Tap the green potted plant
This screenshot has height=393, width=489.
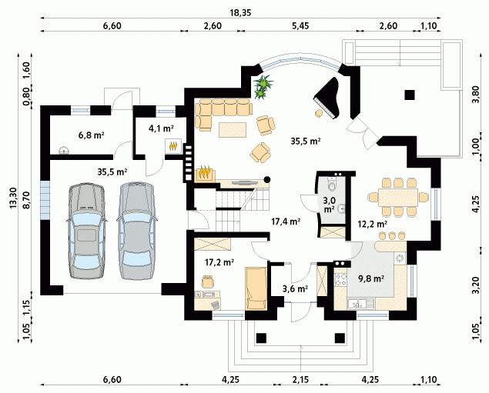point(263,87)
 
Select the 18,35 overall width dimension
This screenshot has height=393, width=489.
point(240,13)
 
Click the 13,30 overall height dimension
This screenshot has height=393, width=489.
point(13,198)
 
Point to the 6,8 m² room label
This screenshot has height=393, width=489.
point(91,135)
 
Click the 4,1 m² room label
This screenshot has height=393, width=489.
point(161,128)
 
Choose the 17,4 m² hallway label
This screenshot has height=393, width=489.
point(286,221)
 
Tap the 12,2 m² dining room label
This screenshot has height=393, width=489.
point(373,224)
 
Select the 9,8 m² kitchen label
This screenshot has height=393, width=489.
point(371,278)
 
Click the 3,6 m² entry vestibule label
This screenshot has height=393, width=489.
point(296,289)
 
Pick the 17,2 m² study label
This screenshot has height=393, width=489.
point(219,262)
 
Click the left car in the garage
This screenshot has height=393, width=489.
point(86,231)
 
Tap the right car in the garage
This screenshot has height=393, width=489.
point(136,231)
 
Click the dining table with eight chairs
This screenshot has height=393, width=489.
point(398,197)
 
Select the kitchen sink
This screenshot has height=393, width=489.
point(361,304)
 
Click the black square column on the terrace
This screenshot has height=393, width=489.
point(410,95)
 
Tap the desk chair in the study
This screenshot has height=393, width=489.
point(208,281)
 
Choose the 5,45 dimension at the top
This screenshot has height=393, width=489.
point(300,25)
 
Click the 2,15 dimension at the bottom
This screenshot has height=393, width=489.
point(300,380)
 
